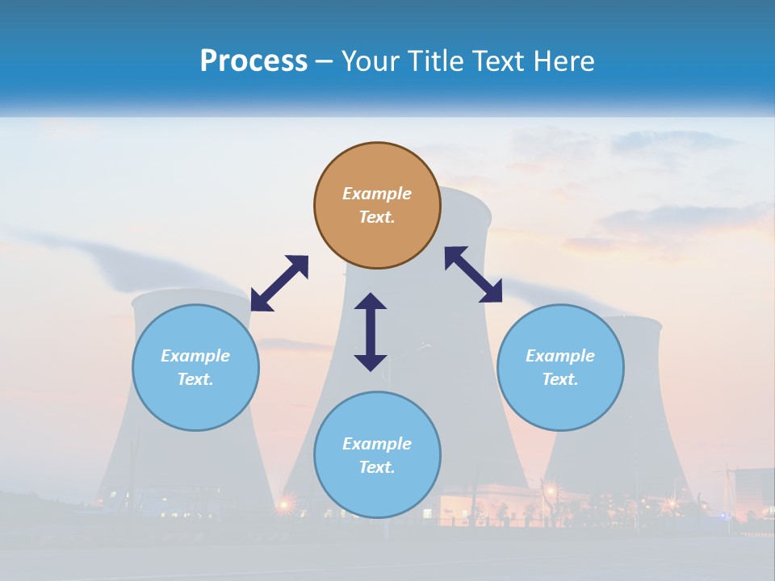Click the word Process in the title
point(253,61)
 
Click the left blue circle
point(195,367)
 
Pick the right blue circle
point(560,367)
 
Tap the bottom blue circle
point(377,454)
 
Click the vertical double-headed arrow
point(371,332)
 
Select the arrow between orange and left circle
point(279,283)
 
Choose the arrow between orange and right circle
point(474,274)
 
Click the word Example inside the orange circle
point(377,194)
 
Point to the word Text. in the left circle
point(195,379)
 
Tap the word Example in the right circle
point(560,356)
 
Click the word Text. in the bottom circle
point(377,467)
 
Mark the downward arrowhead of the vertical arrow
point(371,362)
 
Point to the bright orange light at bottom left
point(284,506)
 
